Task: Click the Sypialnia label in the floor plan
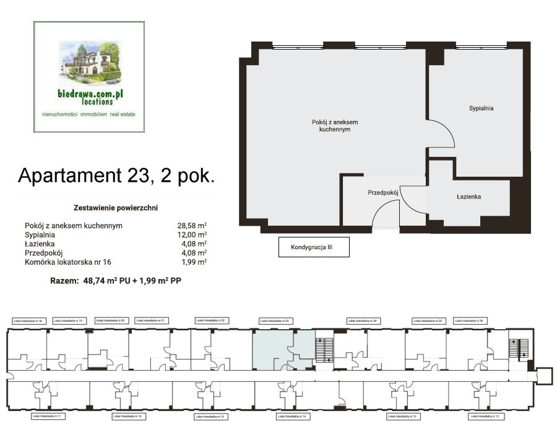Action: (x=481, y=108)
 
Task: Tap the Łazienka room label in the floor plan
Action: (x=469, y=197)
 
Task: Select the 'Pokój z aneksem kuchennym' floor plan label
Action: (x=335, y=126)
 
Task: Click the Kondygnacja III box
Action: (x=314, y=247)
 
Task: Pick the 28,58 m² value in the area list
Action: (x=192, y=226)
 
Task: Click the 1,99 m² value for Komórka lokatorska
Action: (x=194, y=262)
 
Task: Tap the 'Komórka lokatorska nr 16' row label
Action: (x=68, y=262)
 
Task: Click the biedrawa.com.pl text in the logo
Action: (x=89, y=93)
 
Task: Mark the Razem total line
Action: (x=115, y=281)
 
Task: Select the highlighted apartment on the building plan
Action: (x=282, y=350)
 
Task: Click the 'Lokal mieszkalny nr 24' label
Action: (x=363, y=321)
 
